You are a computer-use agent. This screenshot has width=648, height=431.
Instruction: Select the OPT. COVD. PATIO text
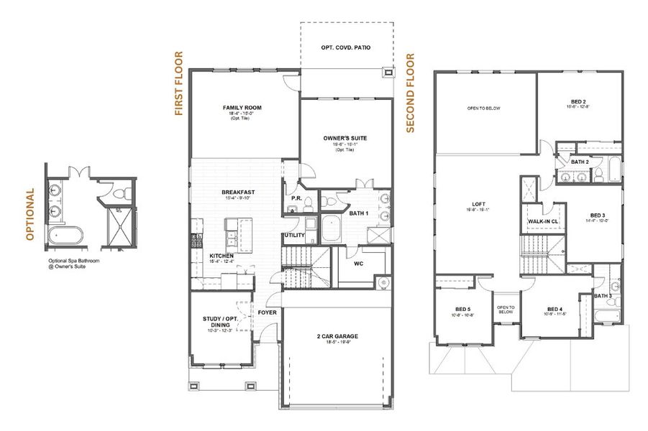[x=346, y=47]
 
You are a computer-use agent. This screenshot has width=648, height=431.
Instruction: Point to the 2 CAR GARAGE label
[x=337, y=336]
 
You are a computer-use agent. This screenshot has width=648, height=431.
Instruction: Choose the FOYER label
[x=268, y=312]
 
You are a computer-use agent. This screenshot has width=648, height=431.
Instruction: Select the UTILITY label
[x=295, y=235]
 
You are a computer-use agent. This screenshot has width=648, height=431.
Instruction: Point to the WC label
[x=357, y=263]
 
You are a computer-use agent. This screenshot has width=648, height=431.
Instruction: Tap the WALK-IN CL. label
[x=543, y=222]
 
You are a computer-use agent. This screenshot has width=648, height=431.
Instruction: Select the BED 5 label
[x=462, y=310]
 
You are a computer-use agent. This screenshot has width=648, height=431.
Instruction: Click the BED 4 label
[x=553, y=310]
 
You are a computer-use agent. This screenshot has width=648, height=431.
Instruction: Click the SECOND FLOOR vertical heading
[x=411, y=93]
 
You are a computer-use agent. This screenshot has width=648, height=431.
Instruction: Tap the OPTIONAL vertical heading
[x=30, y=214]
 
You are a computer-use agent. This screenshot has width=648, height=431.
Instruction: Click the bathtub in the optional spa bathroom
[x=63, y=235]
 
